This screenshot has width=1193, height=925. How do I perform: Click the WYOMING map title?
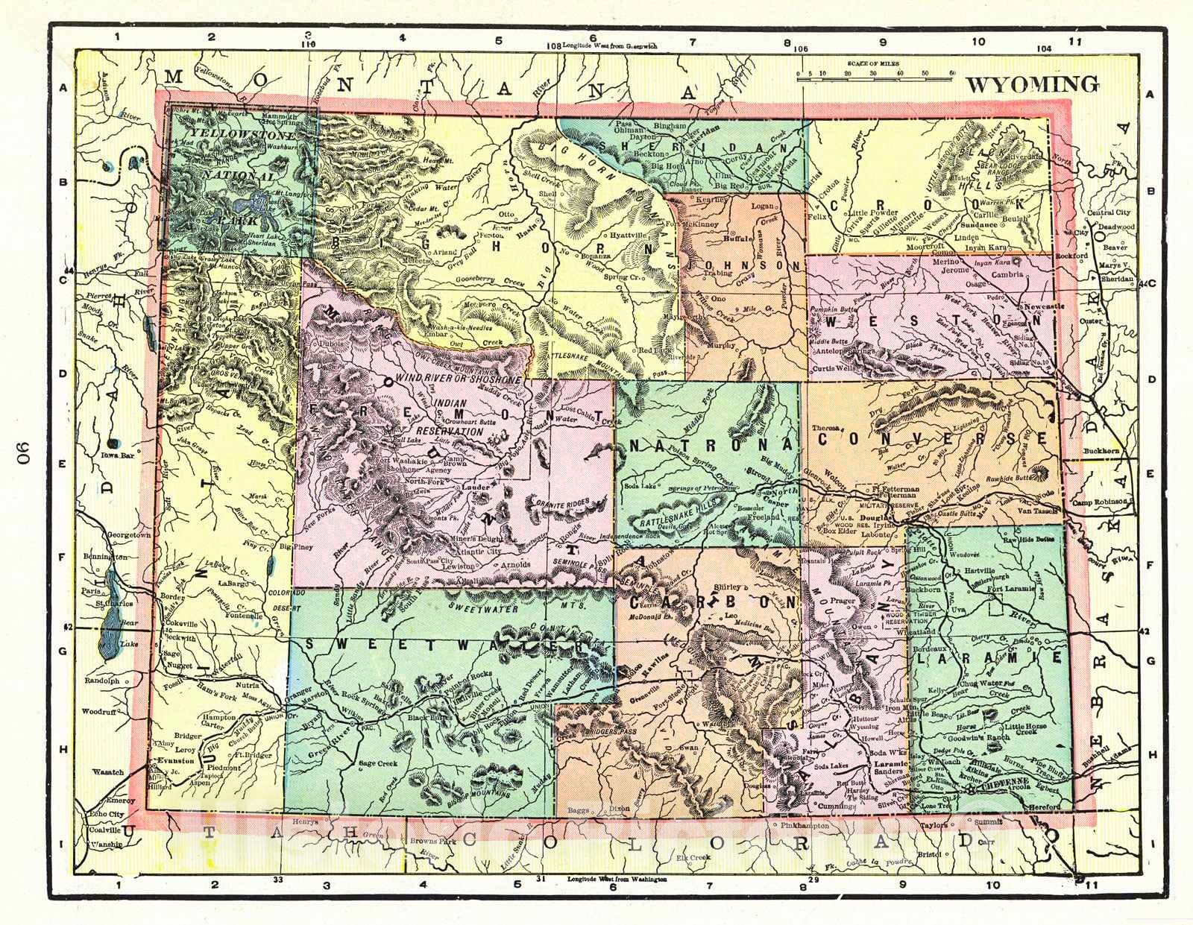1032,84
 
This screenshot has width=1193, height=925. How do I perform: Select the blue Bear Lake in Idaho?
110,611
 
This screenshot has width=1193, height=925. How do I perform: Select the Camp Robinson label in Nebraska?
1099,502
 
